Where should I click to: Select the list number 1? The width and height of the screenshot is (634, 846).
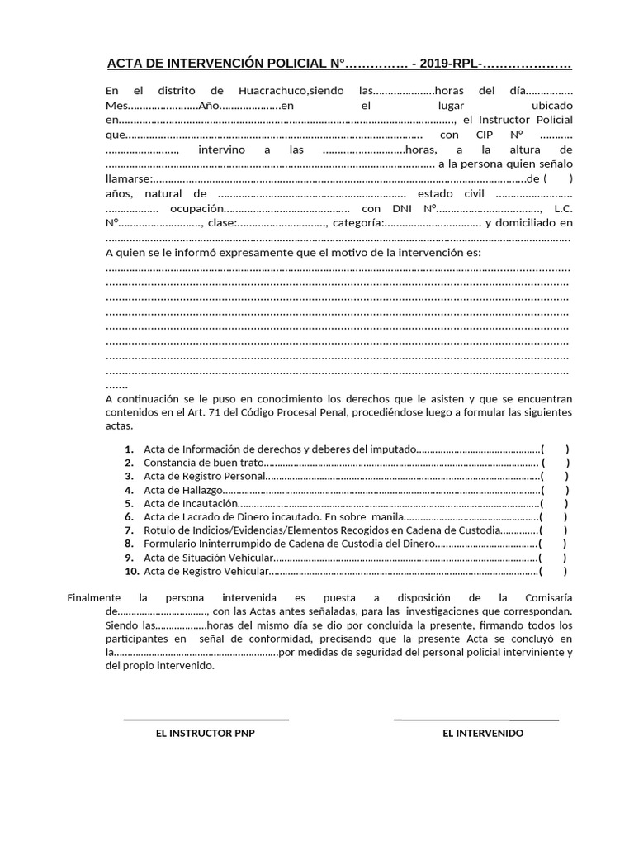click(130, 449)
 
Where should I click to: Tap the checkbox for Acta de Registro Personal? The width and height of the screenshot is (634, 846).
click(554, 476)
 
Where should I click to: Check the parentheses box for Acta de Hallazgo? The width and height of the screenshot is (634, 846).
click(555, 489)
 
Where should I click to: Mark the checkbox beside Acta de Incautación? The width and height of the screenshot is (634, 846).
click(554, 503)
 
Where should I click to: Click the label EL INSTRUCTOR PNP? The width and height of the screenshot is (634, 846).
click(206, 733)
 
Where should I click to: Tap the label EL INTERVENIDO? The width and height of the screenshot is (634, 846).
click(483, 733)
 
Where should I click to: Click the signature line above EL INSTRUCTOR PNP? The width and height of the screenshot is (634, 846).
click(206, 720)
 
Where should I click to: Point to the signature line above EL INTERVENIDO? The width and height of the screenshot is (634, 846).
click(476, 720)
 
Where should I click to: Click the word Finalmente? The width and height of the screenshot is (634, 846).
click(93, 597)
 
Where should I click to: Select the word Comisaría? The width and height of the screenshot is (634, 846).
click(548, 597)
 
